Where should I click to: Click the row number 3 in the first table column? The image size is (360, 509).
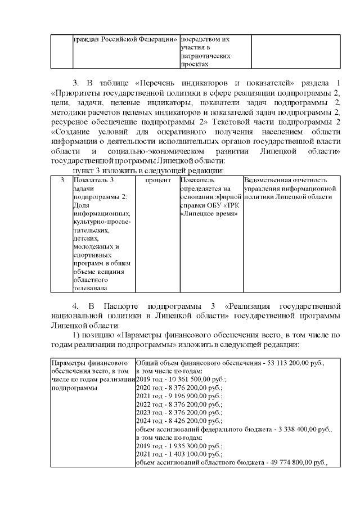point(62,180)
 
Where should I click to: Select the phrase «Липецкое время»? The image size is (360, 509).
point(209,215)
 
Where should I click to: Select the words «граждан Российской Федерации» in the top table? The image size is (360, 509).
point(125,39)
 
